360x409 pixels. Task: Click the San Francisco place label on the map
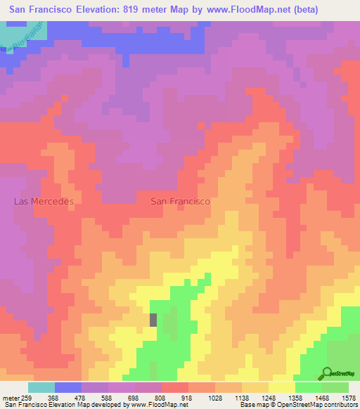(180, 201)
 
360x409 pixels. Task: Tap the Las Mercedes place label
(44, 201)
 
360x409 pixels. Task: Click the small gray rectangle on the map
(153, 319)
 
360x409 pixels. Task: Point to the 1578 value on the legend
(348, 397)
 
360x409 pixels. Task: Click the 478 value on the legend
(82, 397)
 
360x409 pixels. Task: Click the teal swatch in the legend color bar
(41, 387)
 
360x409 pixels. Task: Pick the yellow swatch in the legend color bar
(282, 387)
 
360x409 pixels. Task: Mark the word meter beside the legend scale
(10, 397)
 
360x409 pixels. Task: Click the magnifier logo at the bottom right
(326, 372)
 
